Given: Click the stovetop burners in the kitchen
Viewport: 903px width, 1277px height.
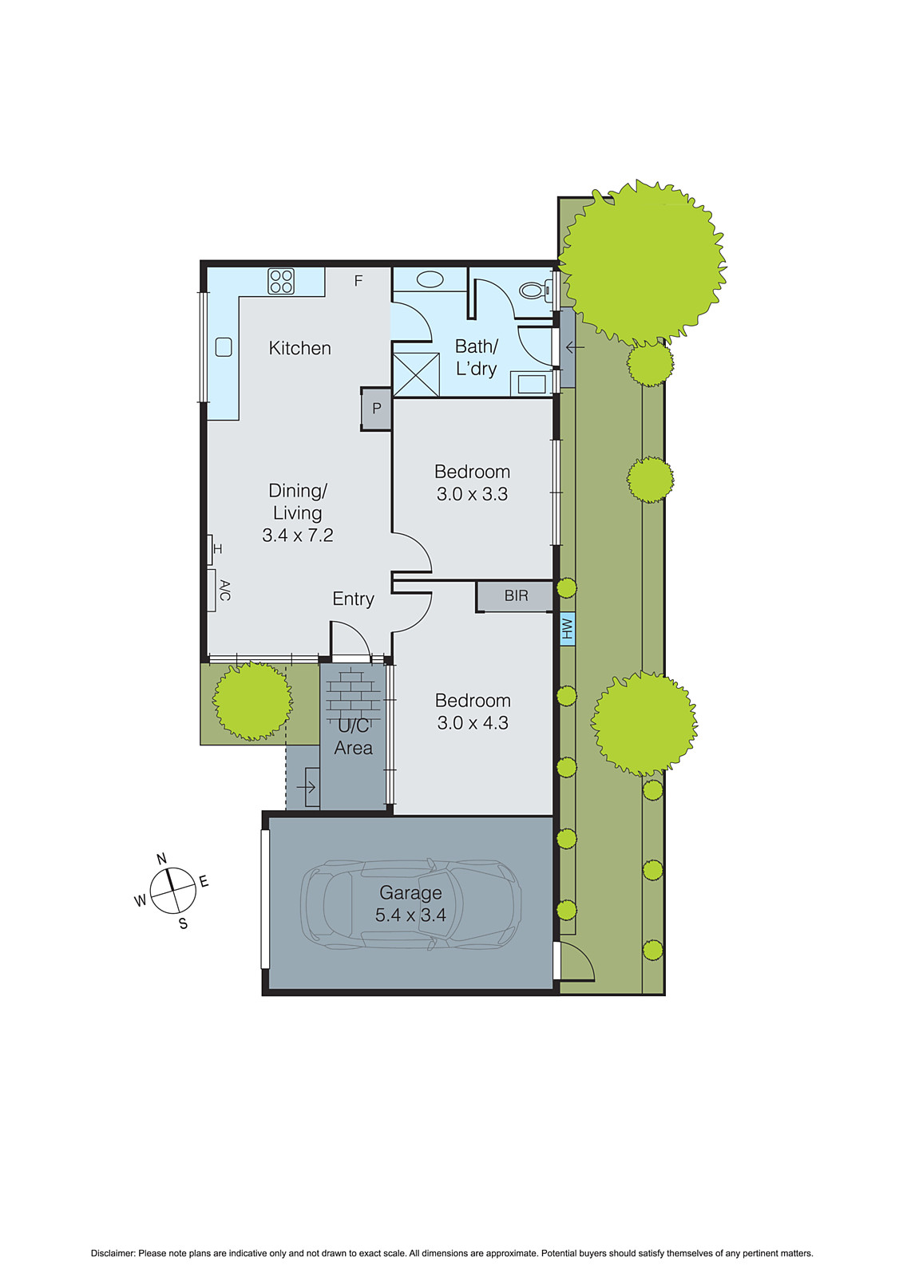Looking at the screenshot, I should coord(281,282).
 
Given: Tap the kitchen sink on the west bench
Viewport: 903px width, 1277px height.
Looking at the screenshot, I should coord(224,347).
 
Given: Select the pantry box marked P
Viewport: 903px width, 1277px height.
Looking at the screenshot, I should coord(376,409).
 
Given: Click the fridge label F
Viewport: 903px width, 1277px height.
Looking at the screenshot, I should coord(358,281).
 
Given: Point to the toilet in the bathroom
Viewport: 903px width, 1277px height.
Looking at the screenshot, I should coord(535,290).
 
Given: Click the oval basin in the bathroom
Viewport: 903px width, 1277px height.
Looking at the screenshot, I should coord(430,280).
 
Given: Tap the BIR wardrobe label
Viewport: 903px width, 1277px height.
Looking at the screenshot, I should coord(516,596).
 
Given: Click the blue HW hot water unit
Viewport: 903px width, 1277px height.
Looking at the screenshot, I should coord(567,629).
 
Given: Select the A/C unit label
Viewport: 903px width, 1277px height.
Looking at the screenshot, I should coord(224,591).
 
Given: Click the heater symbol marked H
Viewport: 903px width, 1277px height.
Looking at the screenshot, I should coord(217,549).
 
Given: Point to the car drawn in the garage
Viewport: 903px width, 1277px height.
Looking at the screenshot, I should coord(410,904).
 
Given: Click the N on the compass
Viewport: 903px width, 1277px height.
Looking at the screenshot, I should coord(161,859).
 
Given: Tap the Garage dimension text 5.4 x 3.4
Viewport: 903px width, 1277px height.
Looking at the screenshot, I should coord(410,915).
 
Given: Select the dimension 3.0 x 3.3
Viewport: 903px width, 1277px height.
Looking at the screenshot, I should coord(472,494).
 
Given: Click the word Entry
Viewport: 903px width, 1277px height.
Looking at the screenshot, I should coord(353,599).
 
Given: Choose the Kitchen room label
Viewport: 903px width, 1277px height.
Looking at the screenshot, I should coord(299,348).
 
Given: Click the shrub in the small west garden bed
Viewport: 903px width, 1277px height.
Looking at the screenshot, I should coord(252,701).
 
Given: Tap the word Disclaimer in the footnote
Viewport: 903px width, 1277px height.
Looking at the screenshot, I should coord(112,1254).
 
